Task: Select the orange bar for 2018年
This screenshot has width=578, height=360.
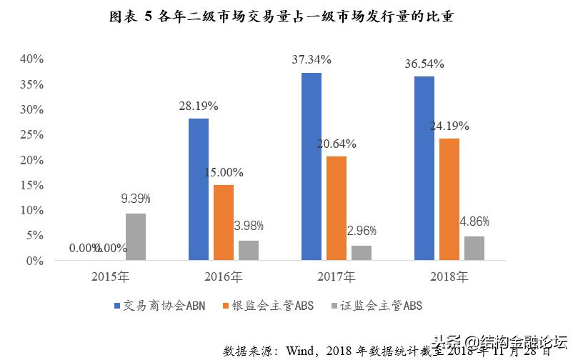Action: pyautogui.click(x=449, y=199)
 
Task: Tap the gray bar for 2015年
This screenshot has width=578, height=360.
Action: pyautogui.click(x=136, y=237)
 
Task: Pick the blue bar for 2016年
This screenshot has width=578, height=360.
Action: pyautogui.click(x=199, y=189)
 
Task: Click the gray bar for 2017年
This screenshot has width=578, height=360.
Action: pyautogui.click(x=362, y=253)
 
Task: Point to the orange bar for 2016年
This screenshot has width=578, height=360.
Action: pyautogui.click(x=224, y=223)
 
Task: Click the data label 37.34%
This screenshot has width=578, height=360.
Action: pyautogui.click(x=312, y=60)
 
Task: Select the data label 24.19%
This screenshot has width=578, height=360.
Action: pyautogui.click(x=449, y=126)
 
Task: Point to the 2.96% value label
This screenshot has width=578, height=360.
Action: pyautogui.click(x=362, y=231)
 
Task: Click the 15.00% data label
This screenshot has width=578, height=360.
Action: pyautogui.click(x=224, y=172)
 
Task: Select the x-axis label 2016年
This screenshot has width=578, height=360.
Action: pyautogui.click(x=224, y=276)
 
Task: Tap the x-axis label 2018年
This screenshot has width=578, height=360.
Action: pyautogui.click(x=449, y=276)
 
